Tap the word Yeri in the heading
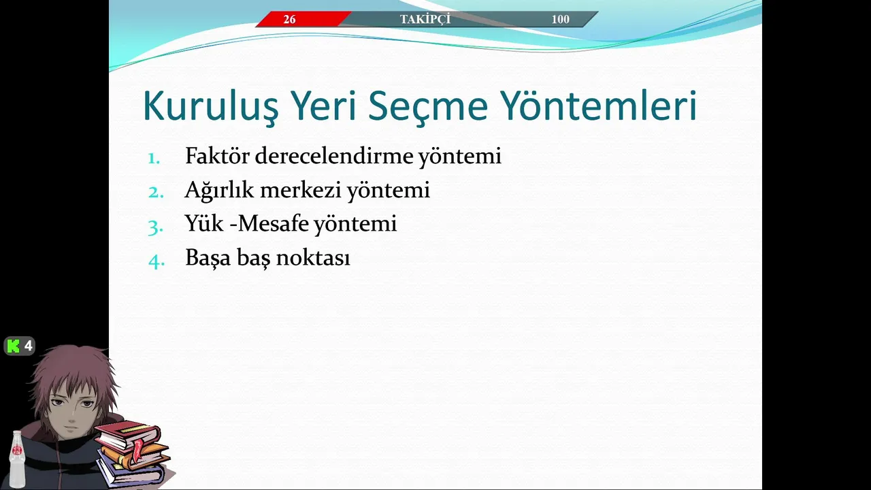click(323, 105)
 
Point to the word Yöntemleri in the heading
click(598, 105)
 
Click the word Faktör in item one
click(217, 156)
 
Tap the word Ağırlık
click(219, 191)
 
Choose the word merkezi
click(301, 190)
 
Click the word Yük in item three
click(204, 224)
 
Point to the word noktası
click(313, 258)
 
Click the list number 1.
click(154, 159)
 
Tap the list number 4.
click(157, 261)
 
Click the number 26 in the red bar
click(289, 19)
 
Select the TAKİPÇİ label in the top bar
click(425, 18)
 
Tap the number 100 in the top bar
click(560, 19)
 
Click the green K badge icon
click(14, 346)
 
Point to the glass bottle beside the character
click(17, 459)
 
